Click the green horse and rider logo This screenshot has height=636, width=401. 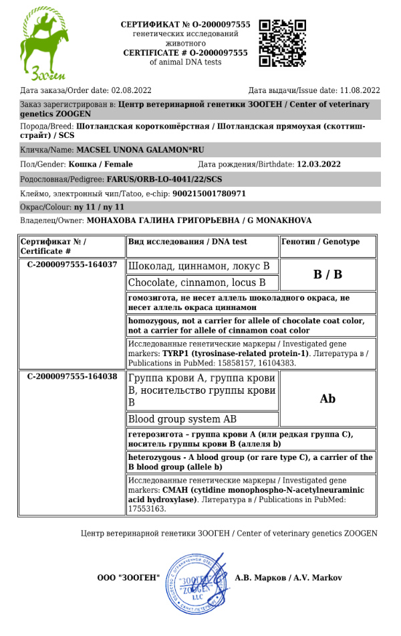[44, 39]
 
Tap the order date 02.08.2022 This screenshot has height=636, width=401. [132, 90]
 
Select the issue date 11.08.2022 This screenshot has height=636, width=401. [360, 90]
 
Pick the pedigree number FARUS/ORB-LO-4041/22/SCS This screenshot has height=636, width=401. [164, 179]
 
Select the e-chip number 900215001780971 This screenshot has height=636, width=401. [209, 193]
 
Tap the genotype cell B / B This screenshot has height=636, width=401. [327, 274]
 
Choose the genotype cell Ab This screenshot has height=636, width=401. [327, 399]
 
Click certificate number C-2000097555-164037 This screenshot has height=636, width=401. [72, 264]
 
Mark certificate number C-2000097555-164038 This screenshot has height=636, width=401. [72, 377]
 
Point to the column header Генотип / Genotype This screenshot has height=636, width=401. [321, 242]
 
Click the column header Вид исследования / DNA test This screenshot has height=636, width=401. [187, 242]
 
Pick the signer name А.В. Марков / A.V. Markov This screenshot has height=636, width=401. [289, 578]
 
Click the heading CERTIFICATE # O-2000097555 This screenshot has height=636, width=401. [185, 52]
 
